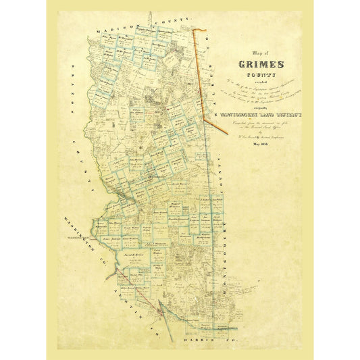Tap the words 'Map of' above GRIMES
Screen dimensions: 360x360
(259, 54)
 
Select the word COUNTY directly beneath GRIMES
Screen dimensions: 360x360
(259, 77)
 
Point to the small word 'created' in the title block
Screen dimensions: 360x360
(259, 86)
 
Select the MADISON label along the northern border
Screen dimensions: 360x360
(115, 33)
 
